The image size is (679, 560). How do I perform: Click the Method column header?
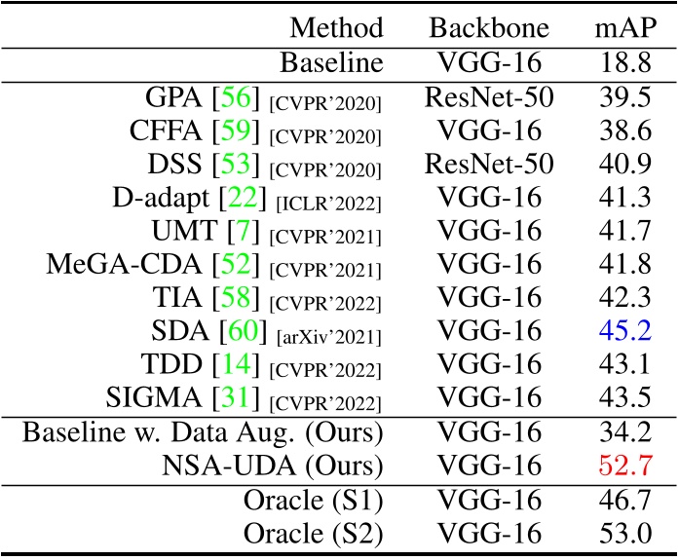click(x=336, y=27)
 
